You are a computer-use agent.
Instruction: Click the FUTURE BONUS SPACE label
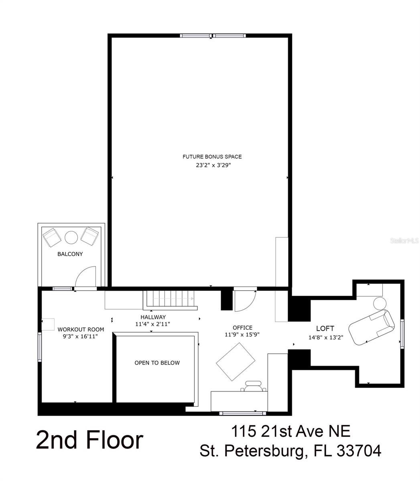[x=212, y=157]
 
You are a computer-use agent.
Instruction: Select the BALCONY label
[x=70, y=254]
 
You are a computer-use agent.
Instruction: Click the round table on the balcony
[x=71, y=237]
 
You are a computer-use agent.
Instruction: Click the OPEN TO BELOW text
[x=157, y=363]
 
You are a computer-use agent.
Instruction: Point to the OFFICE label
[x=242, y=327]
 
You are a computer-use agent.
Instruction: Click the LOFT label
[x=325, y=328]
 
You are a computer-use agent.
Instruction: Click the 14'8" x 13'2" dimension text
[x=326, y=337]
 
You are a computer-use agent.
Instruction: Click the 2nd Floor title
[x=89, y=440]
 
